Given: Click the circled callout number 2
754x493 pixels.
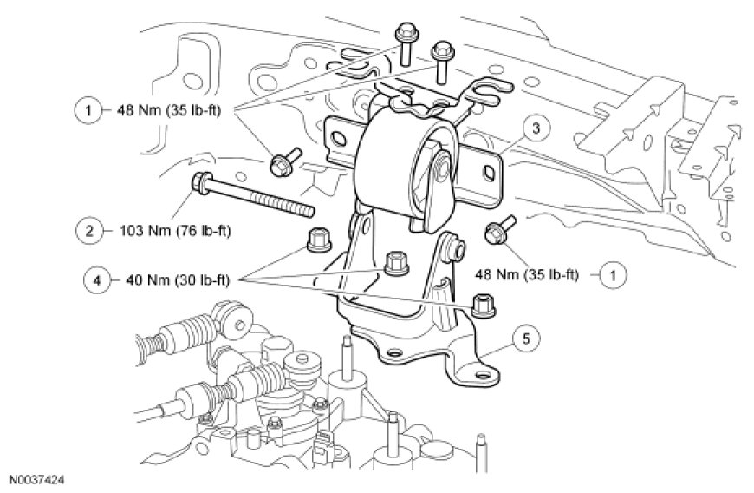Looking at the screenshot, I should (x=88, y=231).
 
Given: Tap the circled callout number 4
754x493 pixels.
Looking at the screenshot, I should (x=95, y=279).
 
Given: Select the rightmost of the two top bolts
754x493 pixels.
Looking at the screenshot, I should (x=442, y=52).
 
